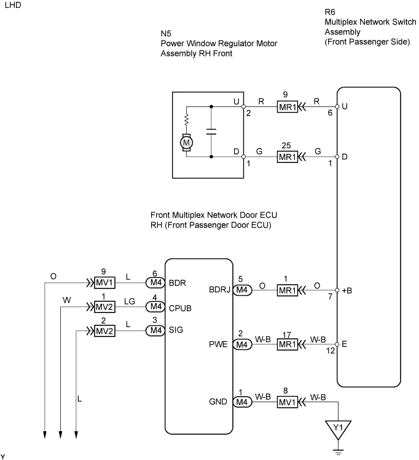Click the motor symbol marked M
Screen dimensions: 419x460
click(186, 143)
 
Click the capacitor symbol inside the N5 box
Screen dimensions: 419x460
click(211, 132)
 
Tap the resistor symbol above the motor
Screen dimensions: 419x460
click(186, 119)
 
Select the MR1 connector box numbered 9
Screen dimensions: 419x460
click(288, 107)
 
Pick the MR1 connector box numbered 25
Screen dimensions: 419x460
click(288, 157)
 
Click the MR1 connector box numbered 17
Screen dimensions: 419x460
click(288, 344)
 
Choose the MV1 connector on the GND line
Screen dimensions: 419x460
click(288, 402)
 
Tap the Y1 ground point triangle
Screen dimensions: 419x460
click(338, 429)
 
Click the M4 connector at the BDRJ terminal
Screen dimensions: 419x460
click(242, 290)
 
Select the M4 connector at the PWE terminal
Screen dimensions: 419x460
click(242, 344)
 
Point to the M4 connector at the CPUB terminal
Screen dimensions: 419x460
click(155, 307)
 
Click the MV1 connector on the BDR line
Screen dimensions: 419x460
click(104, 283)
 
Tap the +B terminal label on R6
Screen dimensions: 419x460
click(347, 291)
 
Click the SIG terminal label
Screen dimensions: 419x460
click(176, 330)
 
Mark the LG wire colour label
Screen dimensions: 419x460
click(129, 301)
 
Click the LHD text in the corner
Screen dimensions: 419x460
click(13, 6)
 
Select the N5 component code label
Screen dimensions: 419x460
click(166, 34)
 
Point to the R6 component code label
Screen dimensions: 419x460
click(330, 12)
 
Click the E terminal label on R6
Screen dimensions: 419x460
click(345, 344)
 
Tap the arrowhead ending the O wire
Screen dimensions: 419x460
click(45, 435)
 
